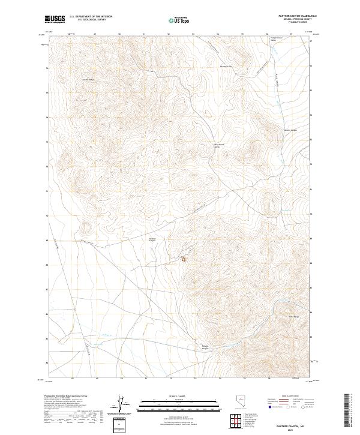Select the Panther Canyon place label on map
pyautogui.click(x=152, y=240)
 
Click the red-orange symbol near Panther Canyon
pyautogui.click(x=184, y=259)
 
